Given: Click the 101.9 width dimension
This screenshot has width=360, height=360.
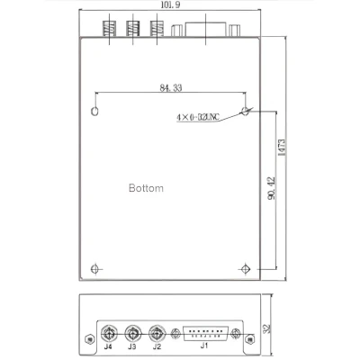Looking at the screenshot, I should [x=167, y=5].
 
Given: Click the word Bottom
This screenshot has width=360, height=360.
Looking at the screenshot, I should [x=146, y=189].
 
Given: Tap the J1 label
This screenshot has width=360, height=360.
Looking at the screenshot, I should [x=203, y=346].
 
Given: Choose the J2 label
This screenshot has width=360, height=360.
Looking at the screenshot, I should [x=157, y=346].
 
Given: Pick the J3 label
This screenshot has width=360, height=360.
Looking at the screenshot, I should [x=132, y=346].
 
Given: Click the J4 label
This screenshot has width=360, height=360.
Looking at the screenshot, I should [x=108, y=346].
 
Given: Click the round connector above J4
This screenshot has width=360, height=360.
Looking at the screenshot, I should [x=108, y=330].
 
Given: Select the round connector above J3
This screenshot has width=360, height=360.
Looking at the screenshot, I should [x=132, y=330].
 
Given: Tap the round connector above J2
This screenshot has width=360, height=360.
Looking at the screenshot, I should [x=157, y=330].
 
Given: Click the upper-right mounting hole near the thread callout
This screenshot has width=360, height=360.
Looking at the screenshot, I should [x=245, y=112].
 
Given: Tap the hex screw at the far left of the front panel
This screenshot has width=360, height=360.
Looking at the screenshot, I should [x=87, y=338].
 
